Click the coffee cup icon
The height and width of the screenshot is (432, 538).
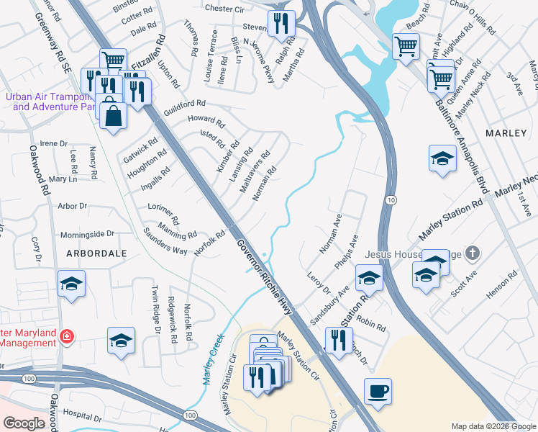tap(378, 392)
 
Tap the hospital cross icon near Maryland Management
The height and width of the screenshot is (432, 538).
tap(66, 336)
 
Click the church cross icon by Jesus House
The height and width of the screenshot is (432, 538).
tap(472, 253)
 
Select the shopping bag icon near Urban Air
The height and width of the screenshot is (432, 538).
tap(113, 115)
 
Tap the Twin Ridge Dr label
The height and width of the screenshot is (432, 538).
tap(155, 310)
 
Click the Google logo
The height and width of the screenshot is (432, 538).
tap(24, 423)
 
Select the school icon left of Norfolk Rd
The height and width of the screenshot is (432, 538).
tap(121, 340)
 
